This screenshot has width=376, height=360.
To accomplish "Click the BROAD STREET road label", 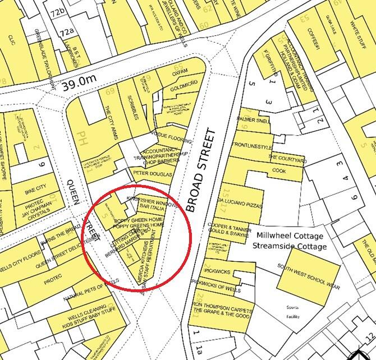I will pos(200,171).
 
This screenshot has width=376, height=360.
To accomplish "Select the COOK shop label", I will pos(279,170).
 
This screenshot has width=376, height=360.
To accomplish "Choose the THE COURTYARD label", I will pos(287,159).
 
